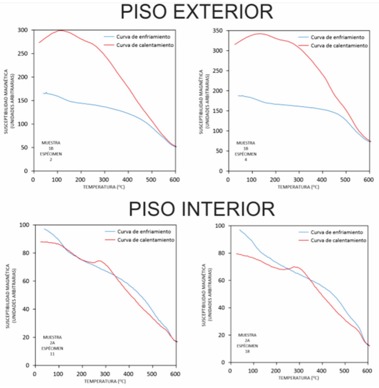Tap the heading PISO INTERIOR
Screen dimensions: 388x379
[x=201, y=209]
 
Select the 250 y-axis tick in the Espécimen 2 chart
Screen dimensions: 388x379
[x=22, y=54]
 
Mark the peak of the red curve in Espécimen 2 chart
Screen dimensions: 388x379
[x=61, y=30]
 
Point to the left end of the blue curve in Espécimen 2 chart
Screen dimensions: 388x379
[x=43, y=93]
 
